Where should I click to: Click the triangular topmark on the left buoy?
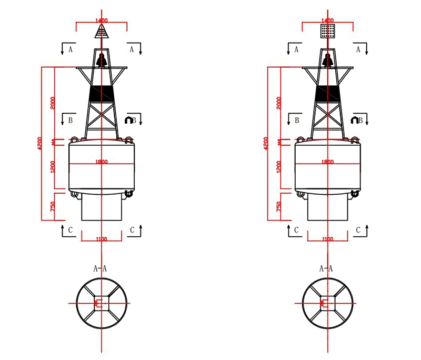click(102, 33)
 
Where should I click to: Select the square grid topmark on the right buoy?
click(327, 31)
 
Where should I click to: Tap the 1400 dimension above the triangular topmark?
click(102, 21)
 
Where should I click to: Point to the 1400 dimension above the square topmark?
click(327, 21)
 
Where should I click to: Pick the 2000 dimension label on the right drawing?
click(279, 103)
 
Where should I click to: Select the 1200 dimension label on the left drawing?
click(53, 167)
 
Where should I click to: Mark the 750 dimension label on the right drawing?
click(279, 207)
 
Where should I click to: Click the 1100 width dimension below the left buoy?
click(102, 239)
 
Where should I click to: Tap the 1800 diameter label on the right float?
click(327, 162)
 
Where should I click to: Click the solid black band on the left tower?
click(102, 93)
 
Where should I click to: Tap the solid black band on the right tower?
click(327, 93)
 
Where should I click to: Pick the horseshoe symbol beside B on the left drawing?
click(128, 120)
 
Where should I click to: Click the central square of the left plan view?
click(101, 303)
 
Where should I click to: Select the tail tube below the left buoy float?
click(102, 208)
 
